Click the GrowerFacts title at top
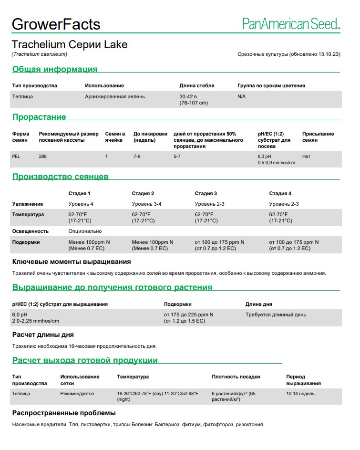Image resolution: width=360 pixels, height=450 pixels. coord(56,24)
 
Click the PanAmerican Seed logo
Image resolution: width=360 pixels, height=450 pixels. coord(291,24)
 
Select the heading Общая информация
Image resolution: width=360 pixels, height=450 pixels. coord(55,69)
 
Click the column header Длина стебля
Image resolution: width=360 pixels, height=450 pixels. coord(196,86)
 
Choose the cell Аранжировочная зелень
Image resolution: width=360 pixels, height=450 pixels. coord(115,96)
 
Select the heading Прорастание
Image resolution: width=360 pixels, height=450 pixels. coord(39,117)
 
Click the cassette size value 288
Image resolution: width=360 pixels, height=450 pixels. coord(43,157)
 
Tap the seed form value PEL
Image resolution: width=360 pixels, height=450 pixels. coord(16,157)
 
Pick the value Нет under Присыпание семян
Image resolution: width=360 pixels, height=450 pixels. coord(306,157)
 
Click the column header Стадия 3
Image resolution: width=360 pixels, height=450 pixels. coord(206,193)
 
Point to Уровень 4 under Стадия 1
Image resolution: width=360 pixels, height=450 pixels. coord(81,204)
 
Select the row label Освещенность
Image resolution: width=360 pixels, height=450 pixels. coord(31,231)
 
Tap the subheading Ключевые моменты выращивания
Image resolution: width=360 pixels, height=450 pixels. coord(72,262)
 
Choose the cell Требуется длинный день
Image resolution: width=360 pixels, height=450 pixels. coord(276,315)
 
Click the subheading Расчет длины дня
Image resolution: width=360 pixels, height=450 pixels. coord(43,335)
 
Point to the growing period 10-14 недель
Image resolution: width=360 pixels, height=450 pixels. coord(300,394)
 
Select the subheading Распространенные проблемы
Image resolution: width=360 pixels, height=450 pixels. coord(64,413)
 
